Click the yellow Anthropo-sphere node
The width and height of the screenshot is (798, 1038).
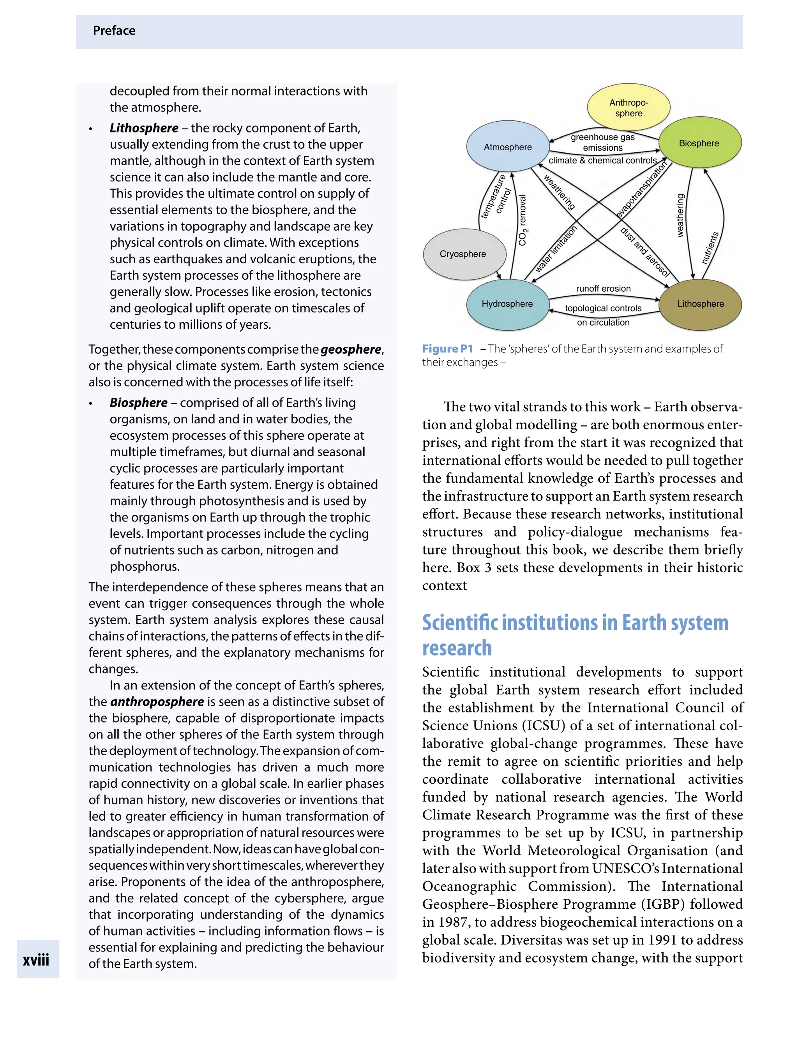[x=629, y=108]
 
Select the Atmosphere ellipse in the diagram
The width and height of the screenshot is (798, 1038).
[x=507, y=147]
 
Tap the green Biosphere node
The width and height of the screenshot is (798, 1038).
[x=699, y=143]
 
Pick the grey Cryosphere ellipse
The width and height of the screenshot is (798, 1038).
[x=463, y=254]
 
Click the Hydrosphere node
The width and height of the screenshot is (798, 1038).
[x=507, y=304]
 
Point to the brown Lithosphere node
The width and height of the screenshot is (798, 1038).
[x=700, y=304]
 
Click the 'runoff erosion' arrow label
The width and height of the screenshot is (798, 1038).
[x=603, y=289]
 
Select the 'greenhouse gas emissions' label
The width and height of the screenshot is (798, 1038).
[x=603, y=143]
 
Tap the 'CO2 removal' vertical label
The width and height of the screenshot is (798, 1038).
[x=523, y=220]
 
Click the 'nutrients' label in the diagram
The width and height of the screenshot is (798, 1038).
[x=710, y=248]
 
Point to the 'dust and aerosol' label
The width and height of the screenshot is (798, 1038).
[x=645, y=252]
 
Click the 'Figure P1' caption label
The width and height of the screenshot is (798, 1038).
[x=447, y=349]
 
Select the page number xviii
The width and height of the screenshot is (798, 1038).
[x=36, y=960]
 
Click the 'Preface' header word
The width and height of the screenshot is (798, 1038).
[x=114, y=31]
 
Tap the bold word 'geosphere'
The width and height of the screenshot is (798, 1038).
[x=351, y=349]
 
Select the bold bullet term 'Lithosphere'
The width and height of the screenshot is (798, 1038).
[x=144, y=128]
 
